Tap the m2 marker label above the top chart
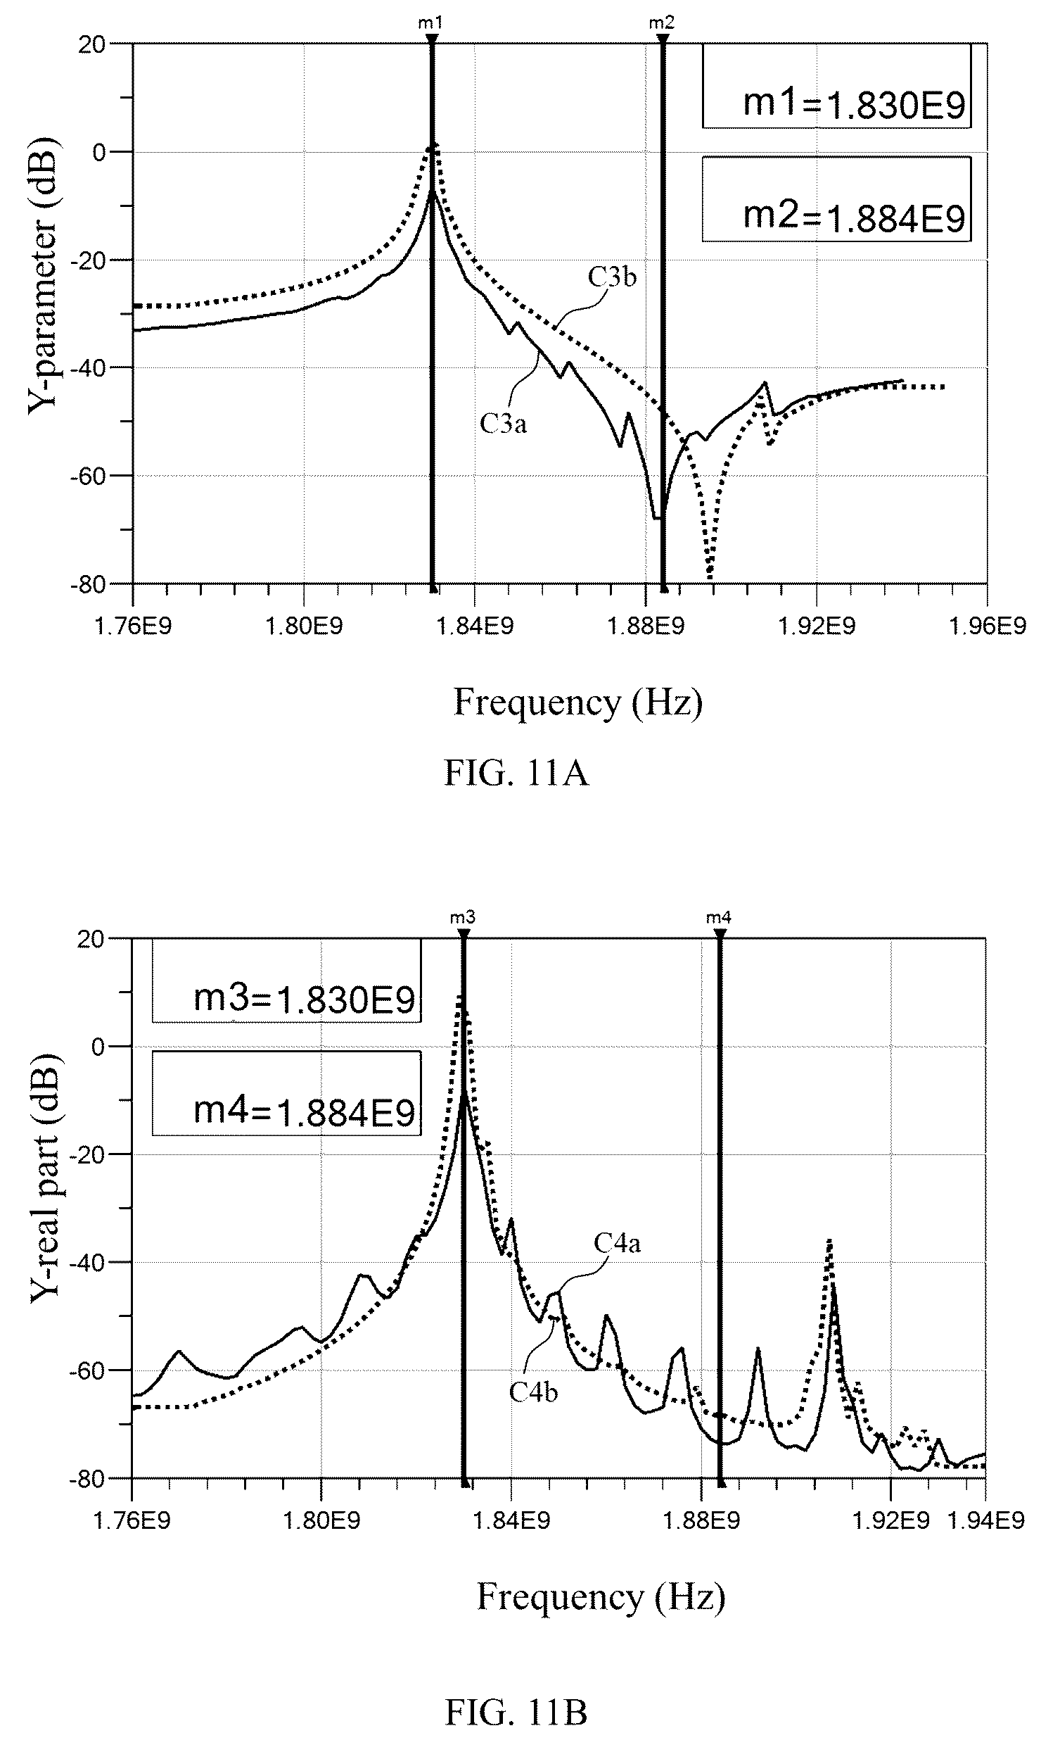pyautogui.click(x=661, y=23)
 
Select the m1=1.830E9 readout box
pyautogui.click(x=836, y=86)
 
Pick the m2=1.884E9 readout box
pyautogui.click(x=836, y=198)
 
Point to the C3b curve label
pyautogui.click(x=612, y=278)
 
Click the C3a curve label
pyautogui.click(x=503, y=424)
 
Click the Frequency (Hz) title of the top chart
pyautogui.click(x=578, y=702)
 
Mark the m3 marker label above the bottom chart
pyautogui.click(x=463, y=917)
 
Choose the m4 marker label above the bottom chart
pyautogui.click(x=719, y=917)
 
